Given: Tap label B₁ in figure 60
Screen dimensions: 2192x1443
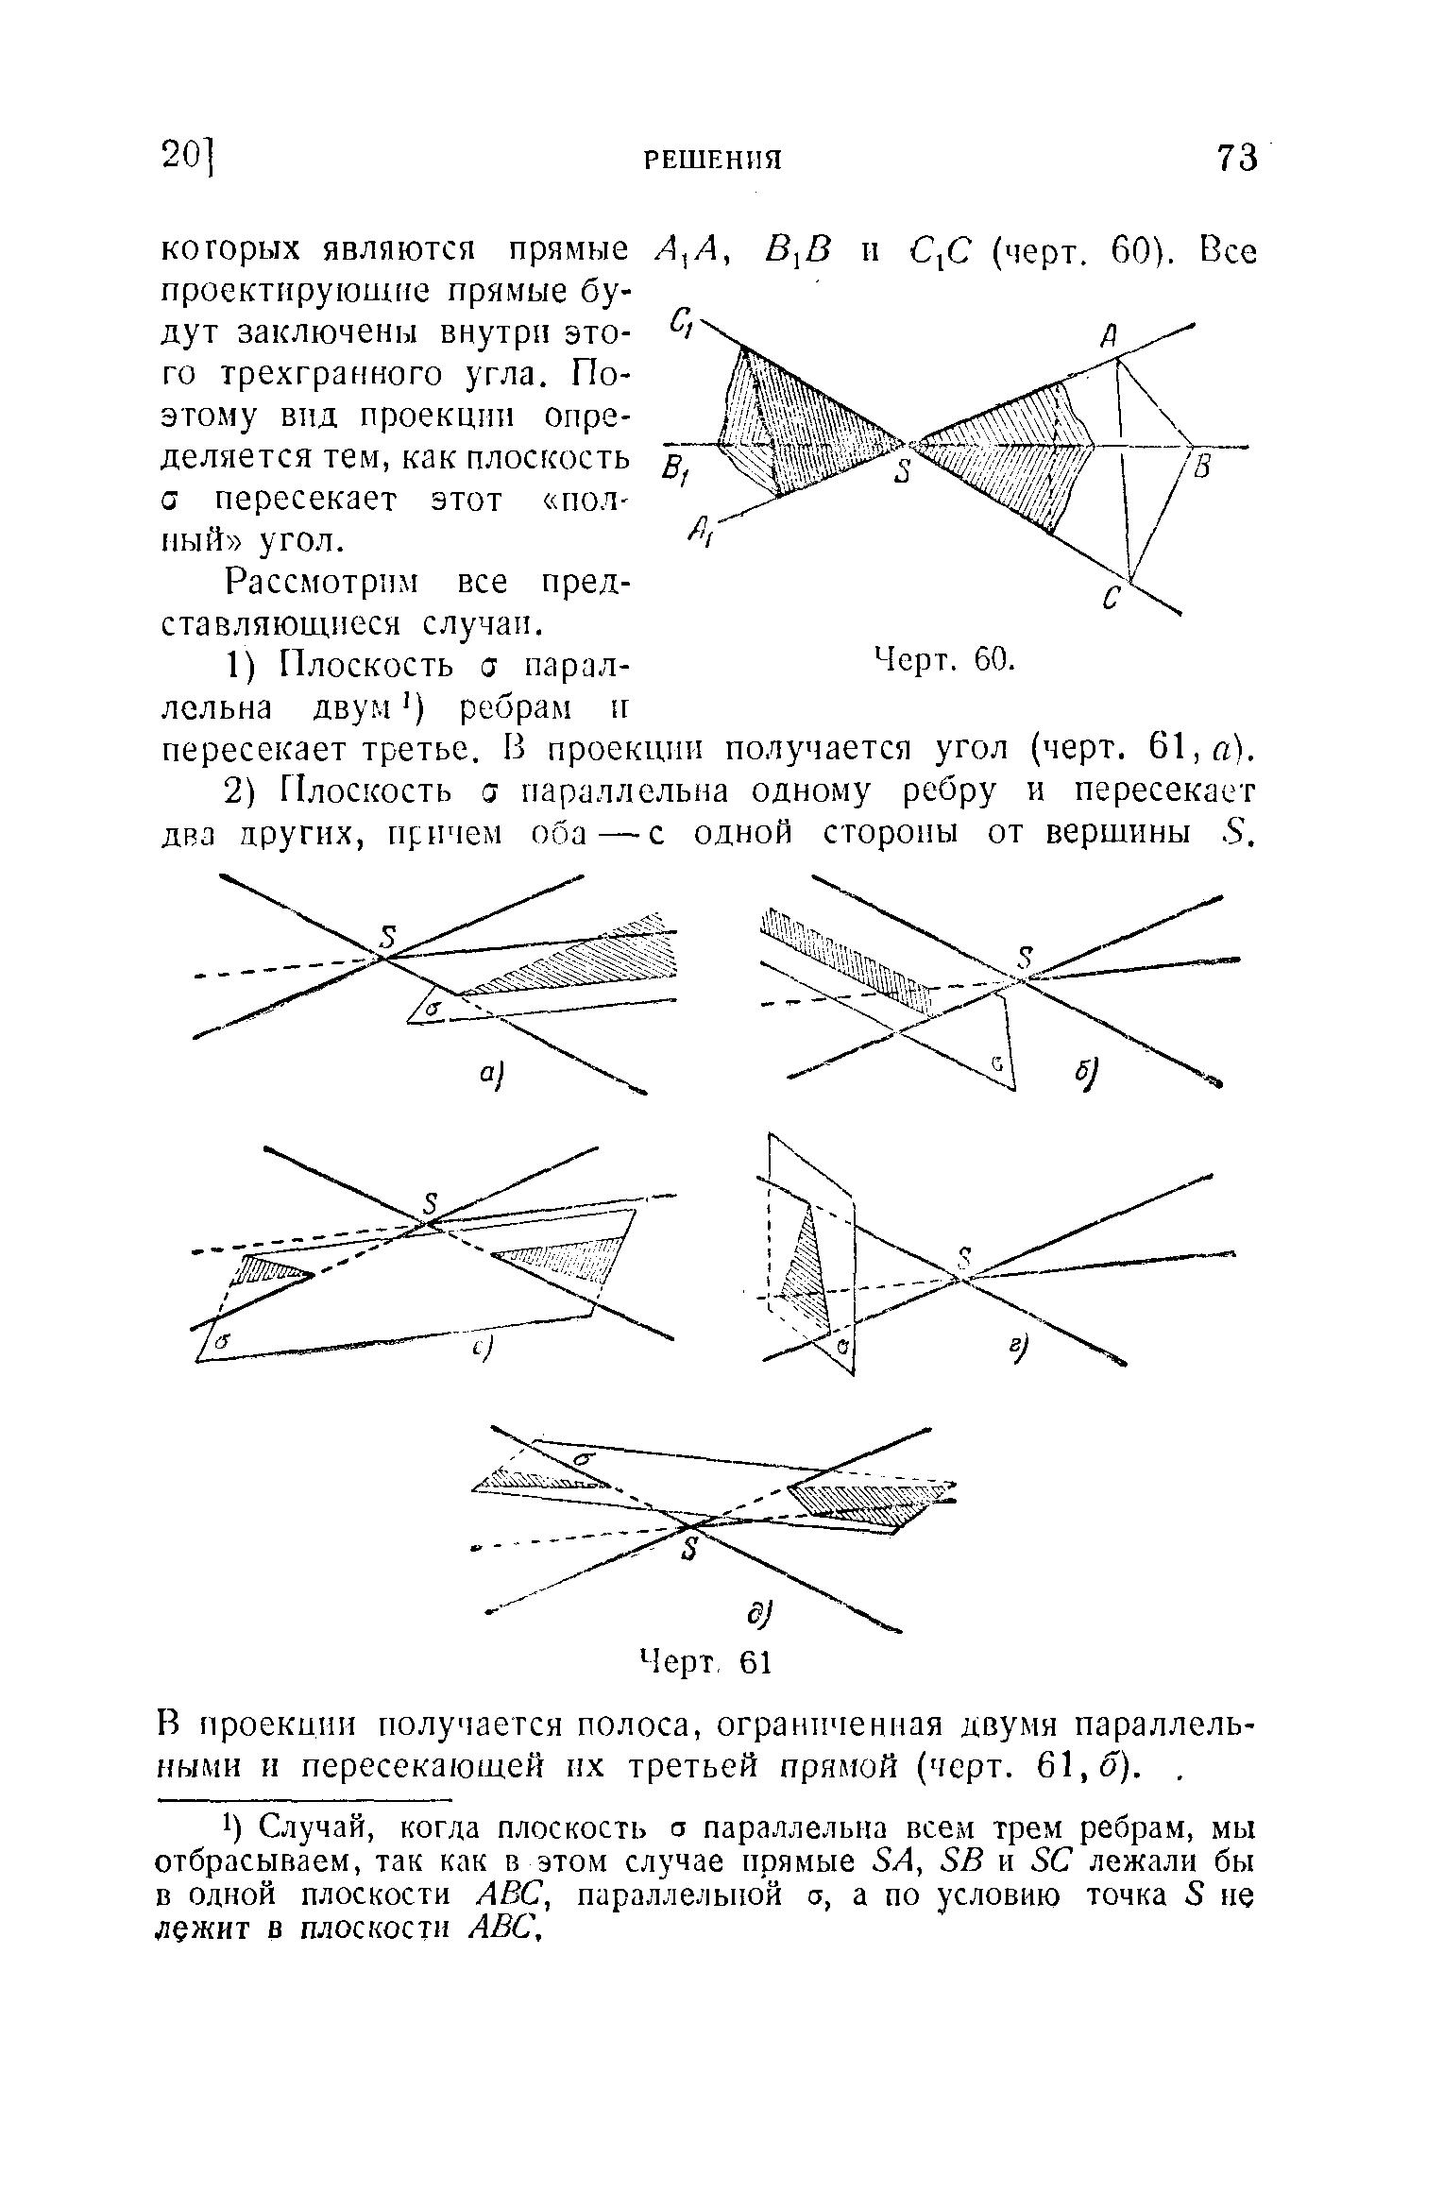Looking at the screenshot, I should pos(673,469).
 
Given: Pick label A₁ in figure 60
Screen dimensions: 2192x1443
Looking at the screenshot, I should pos(701,536).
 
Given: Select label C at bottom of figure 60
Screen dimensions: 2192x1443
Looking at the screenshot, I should pos(1113,598).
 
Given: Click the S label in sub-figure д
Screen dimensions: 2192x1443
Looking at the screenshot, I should pos(689,1551).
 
